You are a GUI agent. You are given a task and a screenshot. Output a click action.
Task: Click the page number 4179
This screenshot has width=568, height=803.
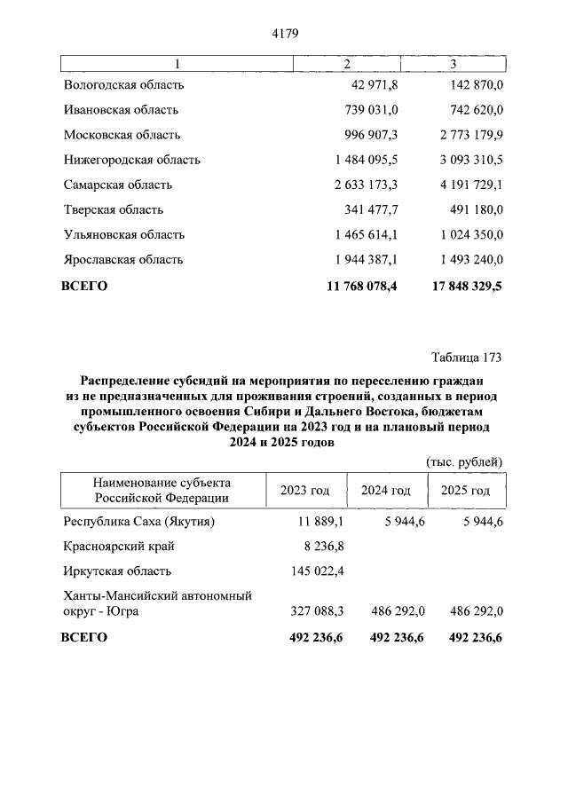283,34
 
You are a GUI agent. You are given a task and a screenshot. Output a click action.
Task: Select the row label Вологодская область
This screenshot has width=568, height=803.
124,85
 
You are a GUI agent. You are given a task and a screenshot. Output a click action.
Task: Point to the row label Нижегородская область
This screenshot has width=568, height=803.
132,160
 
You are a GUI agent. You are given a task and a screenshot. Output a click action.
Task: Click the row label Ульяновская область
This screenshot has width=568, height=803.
124,234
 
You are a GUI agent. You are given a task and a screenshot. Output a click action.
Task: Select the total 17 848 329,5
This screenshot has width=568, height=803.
453,286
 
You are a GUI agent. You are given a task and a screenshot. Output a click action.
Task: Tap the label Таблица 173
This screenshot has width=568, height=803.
467,358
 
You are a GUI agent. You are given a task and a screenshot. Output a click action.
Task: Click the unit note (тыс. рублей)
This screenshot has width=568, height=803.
464,461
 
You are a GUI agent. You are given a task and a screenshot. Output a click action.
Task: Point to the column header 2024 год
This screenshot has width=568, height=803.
386,491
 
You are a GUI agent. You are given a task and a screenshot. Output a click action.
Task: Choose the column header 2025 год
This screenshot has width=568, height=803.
465,491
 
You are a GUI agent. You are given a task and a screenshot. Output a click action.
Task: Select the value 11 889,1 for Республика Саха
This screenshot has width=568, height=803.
319,522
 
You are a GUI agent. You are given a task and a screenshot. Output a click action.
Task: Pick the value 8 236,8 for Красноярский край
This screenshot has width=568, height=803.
323,547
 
